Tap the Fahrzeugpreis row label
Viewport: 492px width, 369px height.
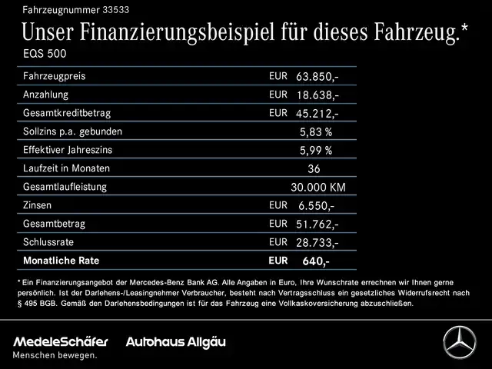[55, 77]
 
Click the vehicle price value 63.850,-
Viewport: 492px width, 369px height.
[317, 78]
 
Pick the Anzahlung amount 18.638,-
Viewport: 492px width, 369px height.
[317, 95]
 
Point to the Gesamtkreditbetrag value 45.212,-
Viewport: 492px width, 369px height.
[317, 114]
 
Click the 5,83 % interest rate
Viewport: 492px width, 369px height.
[316, 131]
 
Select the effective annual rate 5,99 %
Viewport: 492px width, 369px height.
[316, 150]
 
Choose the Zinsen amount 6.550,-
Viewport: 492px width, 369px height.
[316, 205]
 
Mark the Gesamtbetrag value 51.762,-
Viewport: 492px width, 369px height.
[317, 224]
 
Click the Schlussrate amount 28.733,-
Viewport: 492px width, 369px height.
[317, 242]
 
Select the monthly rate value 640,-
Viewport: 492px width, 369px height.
[316, 261]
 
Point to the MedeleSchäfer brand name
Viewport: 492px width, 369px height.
[61, 341]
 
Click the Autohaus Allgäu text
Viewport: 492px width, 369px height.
[176, 341]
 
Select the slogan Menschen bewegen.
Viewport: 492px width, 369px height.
[55, 355]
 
